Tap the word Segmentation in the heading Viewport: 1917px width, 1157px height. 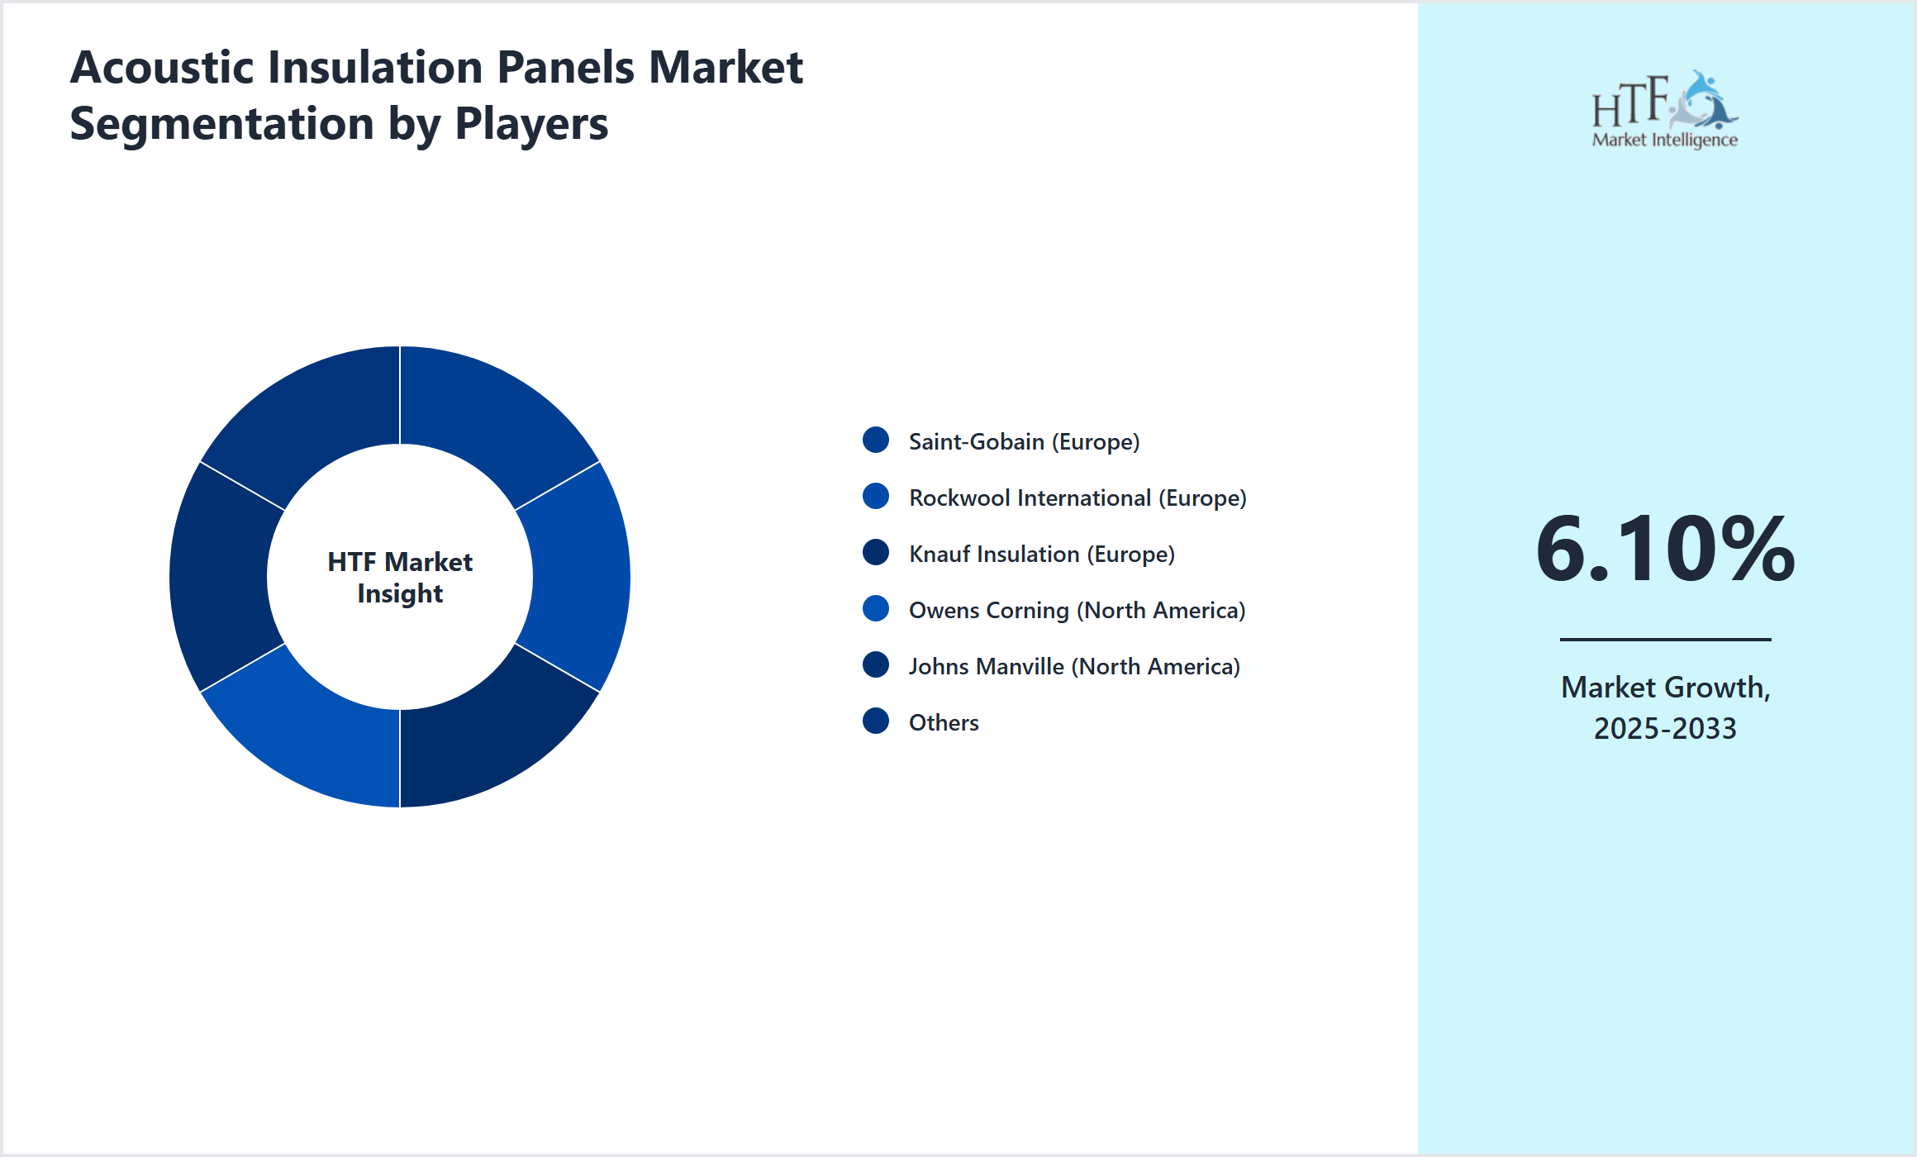(222, 124)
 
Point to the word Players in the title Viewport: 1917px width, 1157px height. (531, 124)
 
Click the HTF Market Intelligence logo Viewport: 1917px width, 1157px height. (1665, 110)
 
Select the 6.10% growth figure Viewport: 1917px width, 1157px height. (1665, 549)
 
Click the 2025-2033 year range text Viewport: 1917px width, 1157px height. (1665, 728)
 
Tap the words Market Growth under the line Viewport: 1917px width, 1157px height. (1665, 687)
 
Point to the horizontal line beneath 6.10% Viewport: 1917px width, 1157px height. (1665, 639)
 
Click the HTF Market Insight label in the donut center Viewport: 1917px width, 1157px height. (400, 577)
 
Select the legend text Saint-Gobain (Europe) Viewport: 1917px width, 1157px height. (1024, 441)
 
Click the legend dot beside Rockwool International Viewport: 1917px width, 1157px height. (876, 497)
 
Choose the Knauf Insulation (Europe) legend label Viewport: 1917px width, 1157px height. (1041, 554)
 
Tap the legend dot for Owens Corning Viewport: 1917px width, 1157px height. (876, 609)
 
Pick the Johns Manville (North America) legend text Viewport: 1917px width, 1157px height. (1074, 666)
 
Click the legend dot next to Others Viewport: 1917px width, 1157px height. (876, 721)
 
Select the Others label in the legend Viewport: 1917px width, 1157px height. (944, 722)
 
